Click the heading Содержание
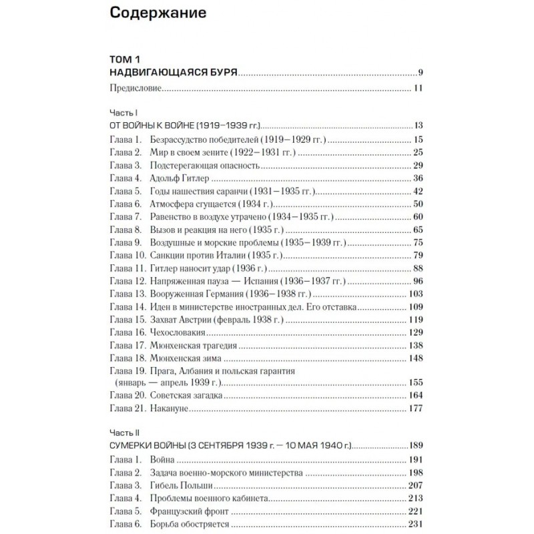tap(157, 13)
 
